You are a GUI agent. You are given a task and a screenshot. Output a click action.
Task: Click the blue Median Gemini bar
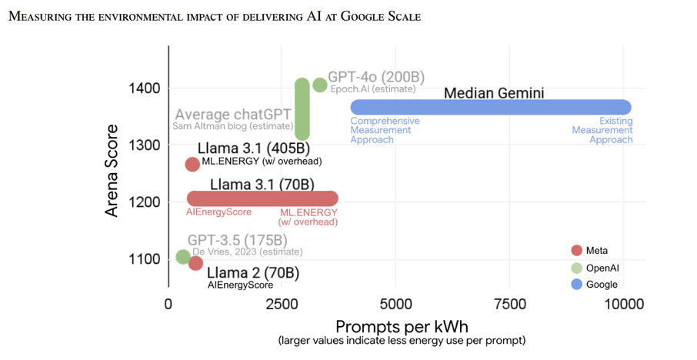(491, 107)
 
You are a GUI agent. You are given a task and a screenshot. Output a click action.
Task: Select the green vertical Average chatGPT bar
(302, 109)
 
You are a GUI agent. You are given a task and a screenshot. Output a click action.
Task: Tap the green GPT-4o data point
(319, 85)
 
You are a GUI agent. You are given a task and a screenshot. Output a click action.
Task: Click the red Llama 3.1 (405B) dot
(192, 165)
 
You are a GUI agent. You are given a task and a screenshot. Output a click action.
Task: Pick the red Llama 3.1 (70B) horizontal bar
(262, 198)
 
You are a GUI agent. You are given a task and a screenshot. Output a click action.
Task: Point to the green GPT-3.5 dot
(183, 256)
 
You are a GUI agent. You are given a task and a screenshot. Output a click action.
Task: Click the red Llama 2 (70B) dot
(195, 263)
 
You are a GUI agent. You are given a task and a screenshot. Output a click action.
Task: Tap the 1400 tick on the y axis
(144, 88)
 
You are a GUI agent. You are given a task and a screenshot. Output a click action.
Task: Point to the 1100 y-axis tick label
(144, 259)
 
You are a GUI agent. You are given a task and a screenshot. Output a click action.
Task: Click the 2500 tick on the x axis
(282, 305)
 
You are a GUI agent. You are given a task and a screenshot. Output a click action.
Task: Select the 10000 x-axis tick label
(624, 305)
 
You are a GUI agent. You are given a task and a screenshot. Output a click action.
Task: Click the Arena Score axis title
(112, 171)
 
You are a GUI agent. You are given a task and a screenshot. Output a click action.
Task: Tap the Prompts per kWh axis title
(402, 327)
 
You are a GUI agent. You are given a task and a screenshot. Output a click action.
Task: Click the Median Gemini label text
(494, 93)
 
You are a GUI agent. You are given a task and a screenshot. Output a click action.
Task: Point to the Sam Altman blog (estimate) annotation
(233, 126)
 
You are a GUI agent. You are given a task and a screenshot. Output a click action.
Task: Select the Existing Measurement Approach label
(602, 130)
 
